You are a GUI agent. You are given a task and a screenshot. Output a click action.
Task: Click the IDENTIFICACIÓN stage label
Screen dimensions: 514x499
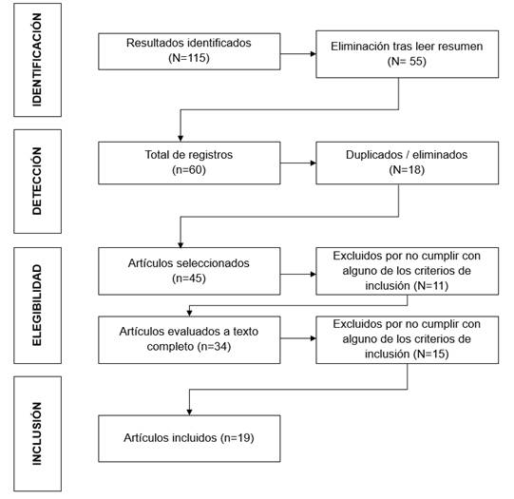pyautogui.click(x=37, y=60)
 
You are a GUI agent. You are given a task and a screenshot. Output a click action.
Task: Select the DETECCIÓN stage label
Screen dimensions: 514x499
pyautogui.click(x=37, y=181)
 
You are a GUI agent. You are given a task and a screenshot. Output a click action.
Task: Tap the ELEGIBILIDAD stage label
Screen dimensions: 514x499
pyautogui.click(x=37, y=305)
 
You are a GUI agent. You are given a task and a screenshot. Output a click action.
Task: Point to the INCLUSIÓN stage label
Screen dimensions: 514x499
pyautogui.click(x=37, y=433)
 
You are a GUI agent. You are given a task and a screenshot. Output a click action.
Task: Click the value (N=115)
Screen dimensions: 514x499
pyautogui.click(x=189, y=58)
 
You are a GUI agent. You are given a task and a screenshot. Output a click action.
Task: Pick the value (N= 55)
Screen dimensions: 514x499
pyautogui.click(x=407, y=62)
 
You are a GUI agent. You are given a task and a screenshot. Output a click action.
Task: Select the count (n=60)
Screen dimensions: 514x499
pyautogui.click(x=189, y=170)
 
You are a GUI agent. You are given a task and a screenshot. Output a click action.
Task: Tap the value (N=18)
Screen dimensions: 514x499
pyautogui.click(x=407, y=170)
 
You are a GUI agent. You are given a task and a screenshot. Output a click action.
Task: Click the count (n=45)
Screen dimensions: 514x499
pyautogui.click(x=189, y=278)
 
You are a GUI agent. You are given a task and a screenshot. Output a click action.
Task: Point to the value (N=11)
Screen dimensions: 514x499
pyautogui.click(x=431, y=286)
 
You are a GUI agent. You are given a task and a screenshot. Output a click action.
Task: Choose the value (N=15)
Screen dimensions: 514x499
pyautogui.click(x=431, y=355)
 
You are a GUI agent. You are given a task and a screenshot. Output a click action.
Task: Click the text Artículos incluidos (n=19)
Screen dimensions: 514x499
pyautogui.click(x=189, y=437)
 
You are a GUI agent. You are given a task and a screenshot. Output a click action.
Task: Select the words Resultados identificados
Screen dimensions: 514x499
pyautogui.click(x=189, y=43)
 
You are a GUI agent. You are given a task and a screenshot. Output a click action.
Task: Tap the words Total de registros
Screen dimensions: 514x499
pyautogui.click(x=189, y=155)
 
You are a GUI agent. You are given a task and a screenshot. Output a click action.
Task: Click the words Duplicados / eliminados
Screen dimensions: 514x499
pyautogui.click(x=407, y=155)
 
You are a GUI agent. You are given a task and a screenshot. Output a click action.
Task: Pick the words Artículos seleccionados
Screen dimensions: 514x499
pyautogui.click(x=189, y=263)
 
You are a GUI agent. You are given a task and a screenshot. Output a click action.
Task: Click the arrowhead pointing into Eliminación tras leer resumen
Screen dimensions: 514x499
pyautogui.click(x=313, y=54)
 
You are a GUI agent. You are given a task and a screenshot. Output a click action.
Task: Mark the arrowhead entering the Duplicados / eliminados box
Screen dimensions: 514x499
pyautogui.click(x=313, y=163)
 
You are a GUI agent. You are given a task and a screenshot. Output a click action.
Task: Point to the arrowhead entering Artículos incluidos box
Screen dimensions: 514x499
pyautogui.click(x=189, y=413)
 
